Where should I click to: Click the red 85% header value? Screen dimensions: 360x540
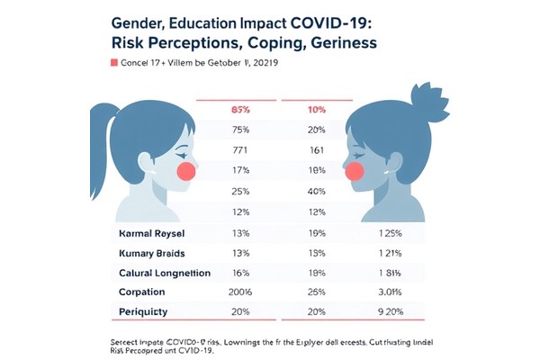coord(241,110)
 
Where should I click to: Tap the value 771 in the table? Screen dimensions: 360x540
coord(241,148)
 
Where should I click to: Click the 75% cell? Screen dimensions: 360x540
coord(241,129)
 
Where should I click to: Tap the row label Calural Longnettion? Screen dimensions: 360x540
coord(165,273)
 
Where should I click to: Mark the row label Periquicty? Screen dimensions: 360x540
coord(146,311)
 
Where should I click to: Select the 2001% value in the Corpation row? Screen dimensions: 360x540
coord(241,292)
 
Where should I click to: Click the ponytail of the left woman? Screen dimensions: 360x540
coord(101,135)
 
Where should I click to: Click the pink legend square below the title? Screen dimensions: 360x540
coord(113,63)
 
